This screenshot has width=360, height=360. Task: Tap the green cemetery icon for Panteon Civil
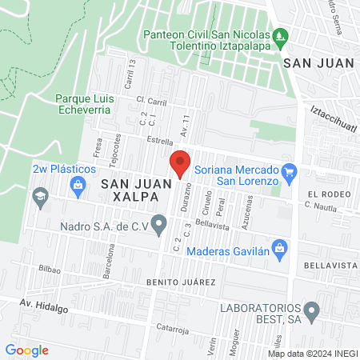pyautogui.click(x=279, y=35)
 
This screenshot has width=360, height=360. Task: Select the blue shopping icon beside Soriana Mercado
pyautogui.click(x=290, y=170)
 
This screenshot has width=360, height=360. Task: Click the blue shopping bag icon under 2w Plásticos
pyautogui.click(x=78, y=187)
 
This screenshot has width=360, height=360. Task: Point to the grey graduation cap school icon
pyautogui.click(x=39, y=196)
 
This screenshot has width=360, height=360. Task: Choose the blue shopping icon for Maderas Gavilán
pyautogui.click(x=279, y=246)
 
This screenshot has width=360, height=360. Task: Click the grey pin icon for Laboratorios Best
pyautogui.click(x=313, y=309)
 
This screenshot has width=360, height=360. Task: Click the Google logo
pyautogui.click(x=27, y=350)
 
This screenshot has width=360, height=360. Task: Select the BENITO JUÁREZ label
pyautogui.click(x=181, y=282)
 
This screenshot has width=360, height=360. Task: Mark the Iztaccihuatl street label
pyautogui.click(x=330, y=119)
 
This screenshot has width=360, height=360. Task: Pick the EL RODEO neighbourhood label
pyautogui.click(x=330, y=194)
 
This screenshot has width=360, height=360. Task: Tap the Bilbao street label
pyautogui.click(x=50, y=270)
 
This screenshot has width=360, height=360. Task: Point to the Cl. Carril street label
pyautogui.click(x=150, y=102)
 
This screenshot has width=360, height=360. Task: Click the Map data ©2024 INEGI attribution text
pyautogui.click(x=311, y=353)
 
